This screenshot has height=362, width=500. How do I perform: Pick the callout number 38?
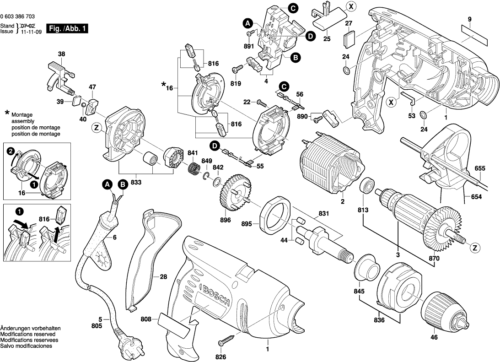tap(61, 54)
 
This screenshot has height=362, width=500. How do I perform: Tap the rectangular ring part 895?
tap(276, 213)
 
